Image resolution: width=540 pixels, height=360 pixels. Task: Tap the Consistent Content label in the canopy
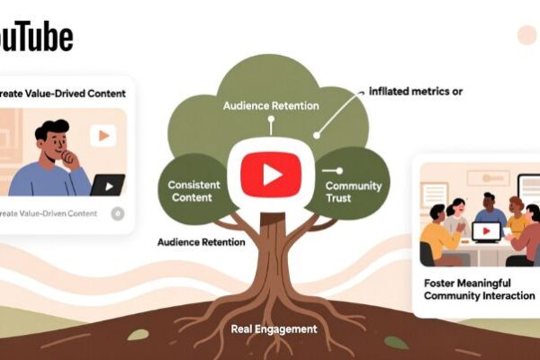193,190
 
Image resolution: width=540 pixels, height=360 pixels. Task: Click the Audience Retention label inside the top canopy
271,106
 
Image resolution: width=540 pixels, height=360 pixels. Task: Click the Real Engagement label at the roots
274,329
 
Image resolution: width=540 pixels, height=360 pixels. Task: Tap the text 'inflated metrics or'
417,91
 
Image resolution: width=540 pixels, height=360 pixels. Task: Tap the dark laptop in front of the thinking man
107,185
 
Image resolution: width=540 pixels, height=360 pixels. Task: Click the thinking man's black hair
52,131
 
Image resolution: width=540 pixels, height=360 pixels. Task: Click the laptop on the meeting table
486,231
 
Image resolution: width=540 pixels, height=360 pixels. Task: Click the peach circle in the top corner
526,35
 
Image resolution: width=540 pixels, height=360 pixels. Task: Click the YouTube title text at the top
36,36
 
